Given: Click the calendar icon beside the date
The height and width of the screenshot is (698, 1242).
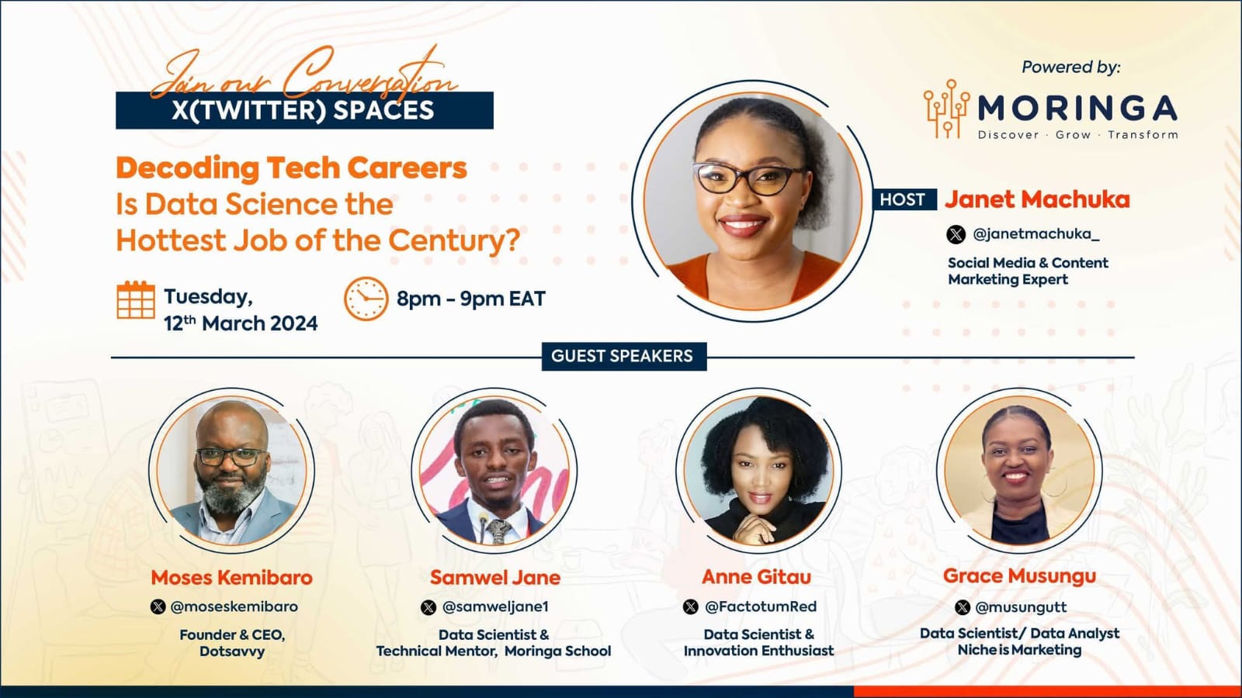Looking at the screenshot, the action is click(x=136, y=299).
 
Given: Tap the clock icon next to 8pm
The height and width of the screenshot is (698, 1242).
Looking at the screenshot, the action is click(x=366, y=299).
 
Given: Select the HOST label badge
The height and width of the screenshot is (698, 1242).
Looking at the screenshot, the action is click(x=903, y=199).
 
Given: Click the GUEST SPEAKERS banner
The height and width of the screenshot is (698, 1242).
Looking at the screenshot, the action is click(x=624, y=356).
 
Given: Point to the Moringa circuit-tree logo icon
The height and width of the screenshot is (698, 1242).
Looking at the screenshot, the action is click(x=946, y=108).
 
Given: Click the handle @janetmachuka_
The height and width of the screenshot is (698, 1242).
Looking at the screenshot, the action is click(x=1036, y=234).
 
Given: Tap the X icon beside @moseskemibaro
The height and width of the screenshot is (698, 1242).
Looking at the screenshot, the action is click(x=158, y=606).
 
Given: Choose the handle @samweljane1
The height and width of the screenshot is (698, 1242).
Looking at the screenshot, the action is click(x=495, y=607).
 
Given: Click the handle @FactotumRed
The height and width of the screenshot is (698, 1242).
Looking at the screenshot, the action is click(x=761, y=606).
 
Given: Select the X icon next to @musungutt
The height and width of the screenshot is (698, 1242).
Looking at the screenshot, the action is click(x=963, y=608).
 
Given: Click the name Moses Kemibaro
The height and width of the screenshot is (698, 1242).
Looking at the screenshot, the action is click(x=232, y=578).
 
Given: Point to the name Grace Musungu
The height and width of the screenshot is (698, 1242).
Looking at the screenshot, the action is click(x=1020, y=577).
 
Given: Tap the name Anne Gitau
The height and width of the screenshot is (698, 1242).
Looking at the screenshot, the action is click(x=756, y=577).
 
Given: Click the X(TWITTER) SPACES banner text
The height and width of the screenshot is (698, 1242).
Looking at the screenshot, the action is click(x=303, y=111).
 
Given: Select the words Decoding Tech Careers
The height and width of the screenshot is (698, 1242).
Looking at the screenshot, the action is click(x=292, y=168).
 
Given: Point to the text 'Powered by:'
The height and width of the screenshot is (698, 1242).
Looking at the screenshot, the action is click(x=1071, y=67).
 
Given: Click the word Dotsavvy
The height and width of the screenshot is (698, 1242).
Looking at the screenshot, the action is click(x=232, y=651).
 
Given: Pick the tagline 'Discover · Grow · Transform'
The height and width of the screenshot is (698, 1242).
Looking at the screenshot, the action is click(x=1078, y=135).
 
